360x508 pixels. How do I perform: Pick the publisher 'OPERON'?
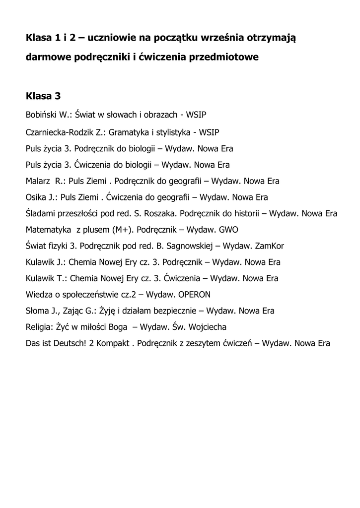click(x=194, y=294)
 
